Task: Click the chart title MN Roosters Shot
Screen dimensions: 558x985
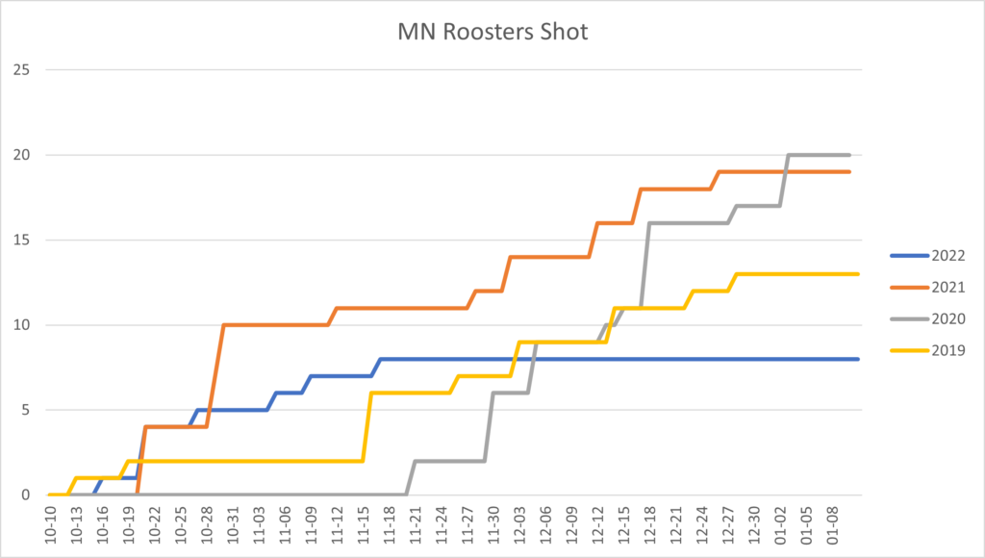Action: point(492,32)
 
